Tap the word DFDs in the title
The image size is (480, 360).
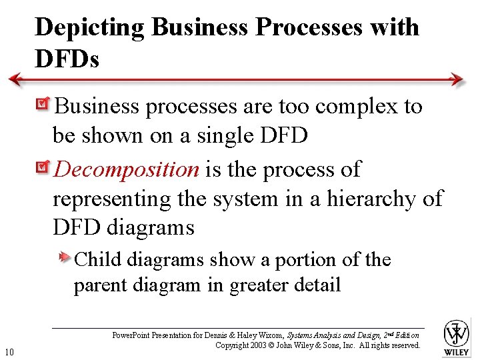point(67,60)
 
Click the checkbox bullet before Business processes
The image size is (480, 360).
point(45,105)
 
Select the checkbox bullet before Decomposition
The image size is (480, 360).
point(45,167)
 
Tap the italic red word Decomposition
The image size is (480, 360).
point(127,170)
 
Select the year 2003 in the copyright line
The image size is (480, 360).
point(259,345)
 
